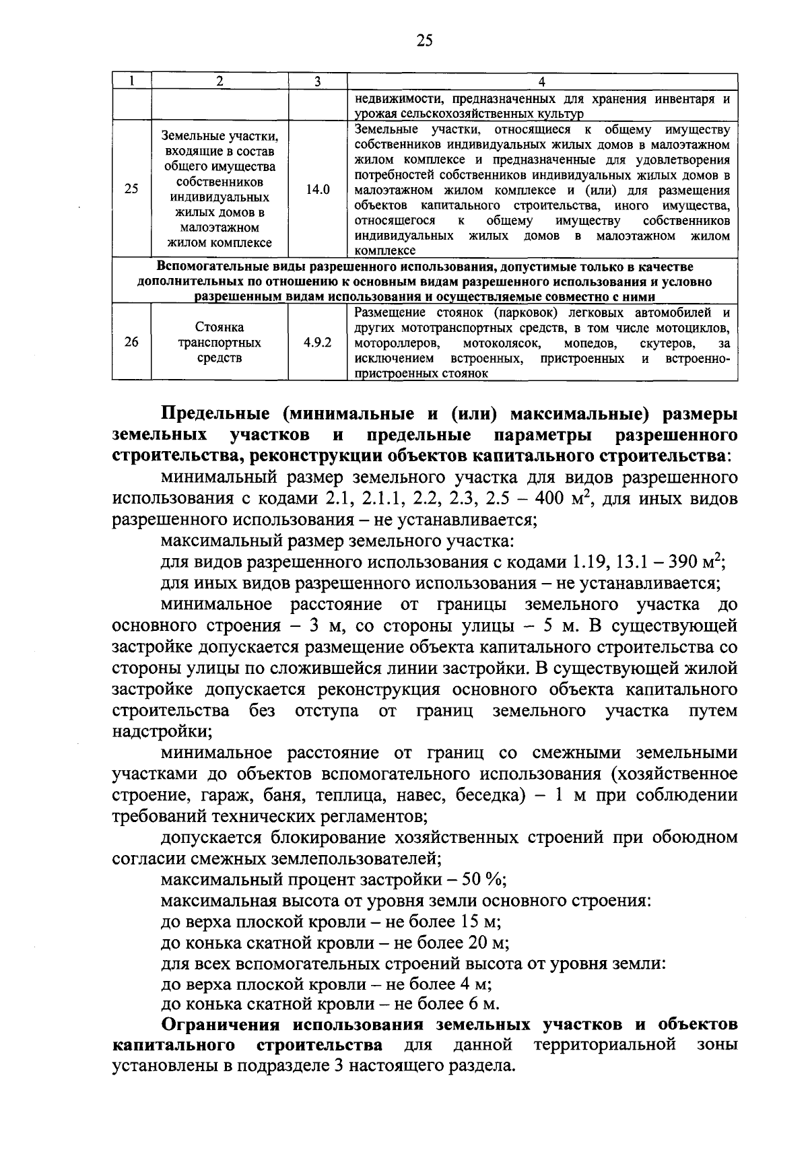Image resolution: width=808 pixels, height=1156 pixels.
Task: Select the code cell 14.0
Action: click(317, 190)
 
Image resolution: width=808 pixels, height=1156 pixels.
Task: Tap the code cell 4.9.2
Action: click(317, 342)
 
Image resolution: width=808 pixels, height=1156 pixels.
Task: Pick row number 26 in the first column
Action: click(131, 342)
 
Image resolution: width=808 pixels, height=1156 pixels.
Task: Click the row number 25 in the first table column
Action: click(131, 190)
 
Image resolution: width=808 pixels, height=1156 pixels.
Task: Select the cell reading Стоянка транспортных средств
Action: click(220, 342)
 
